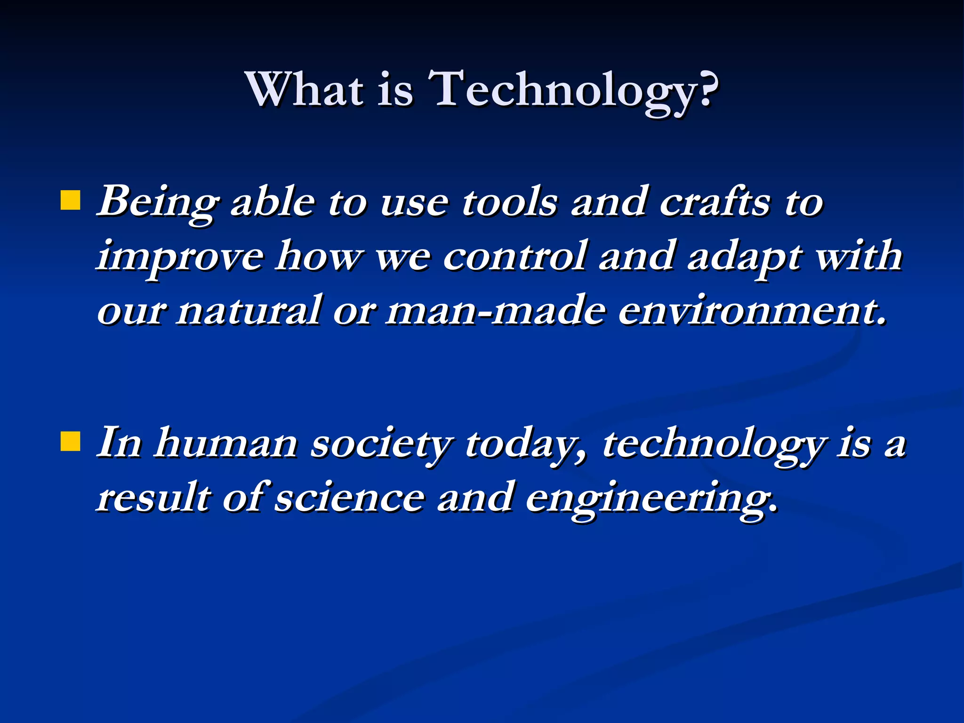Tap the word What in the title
[305, 89]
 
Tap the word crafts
[715, 202]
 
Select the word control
[515, 257]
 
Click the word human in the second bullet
[226, 444]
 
